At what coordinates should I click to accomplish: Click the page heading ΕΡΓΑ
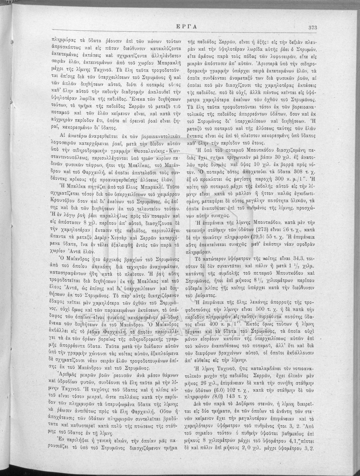click(x=180, y=27)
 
